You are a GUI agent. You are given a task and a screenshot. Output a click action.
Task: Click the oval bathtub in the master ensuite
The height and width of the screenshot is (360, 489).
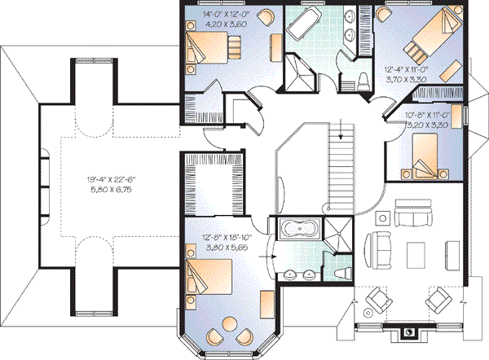(297, 229)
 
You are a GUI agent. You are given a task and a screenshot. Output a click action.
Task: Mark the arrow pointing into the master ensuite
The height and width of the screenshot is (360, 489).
(270, 262)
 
